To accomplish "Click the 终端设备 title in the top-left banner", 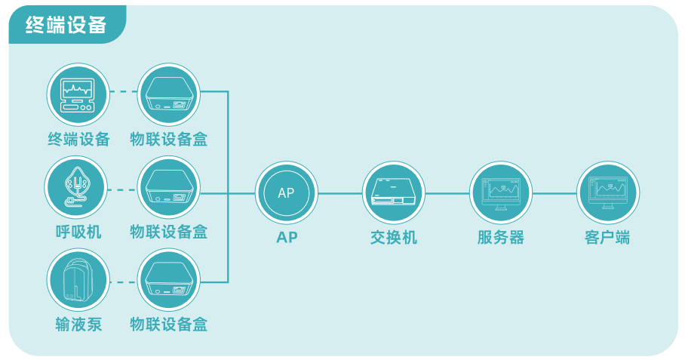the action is coord(66,24).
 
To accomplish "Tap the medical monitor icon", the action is coord(78,94).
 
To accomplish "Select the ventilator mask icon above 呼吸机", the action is coord(76,187).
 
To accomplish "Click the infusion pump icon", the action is coord(78,280).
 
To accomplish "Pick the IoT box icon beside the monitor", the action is coord(169,94).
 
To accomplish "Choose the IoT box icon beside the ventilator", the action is coord(169,187).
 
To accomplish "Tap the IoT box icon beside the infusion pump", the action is coord(169,280).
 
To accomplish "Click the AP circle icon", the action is coord(287,192).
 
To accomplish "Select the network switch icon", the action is coord(394,192).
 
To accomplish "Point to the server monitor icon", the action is coord(501,192).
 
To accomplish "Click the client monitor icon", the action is coord(608,192).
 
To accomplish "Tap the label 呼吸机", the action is coord(78,232).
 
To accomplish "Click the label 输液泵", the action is coord(78,325).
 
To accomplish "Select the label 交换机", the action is coord(394,238).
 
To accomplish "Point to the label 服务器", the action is coord(501,238).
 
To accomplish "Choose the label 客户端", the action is coord(608,238).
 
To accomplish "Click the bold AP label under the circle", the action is coord(287,237).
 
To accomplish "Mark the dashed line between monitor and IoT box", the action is coord(124,92).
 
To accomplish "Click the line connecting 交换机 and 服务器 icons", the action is coord(447,193).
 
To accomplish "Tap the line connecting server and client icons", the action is coord(554,193).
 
